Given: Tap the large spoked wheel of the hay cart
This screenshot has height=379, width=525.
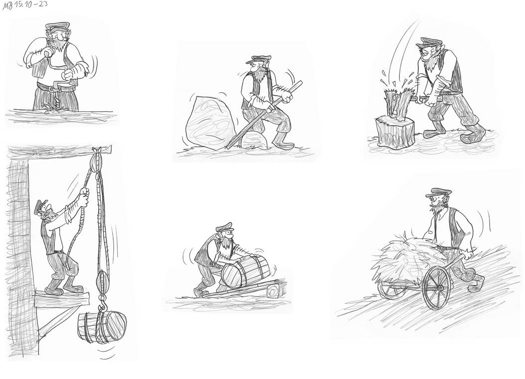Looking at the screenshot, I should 436,286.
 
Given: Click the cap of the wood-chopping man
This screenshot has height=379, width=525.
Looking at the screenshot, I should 429,42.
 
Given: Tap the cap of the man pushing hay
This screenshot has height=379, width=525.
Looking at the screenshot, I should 435,192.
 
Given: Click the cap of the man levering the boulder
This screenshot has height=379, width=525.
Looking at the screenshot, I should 260,59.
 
